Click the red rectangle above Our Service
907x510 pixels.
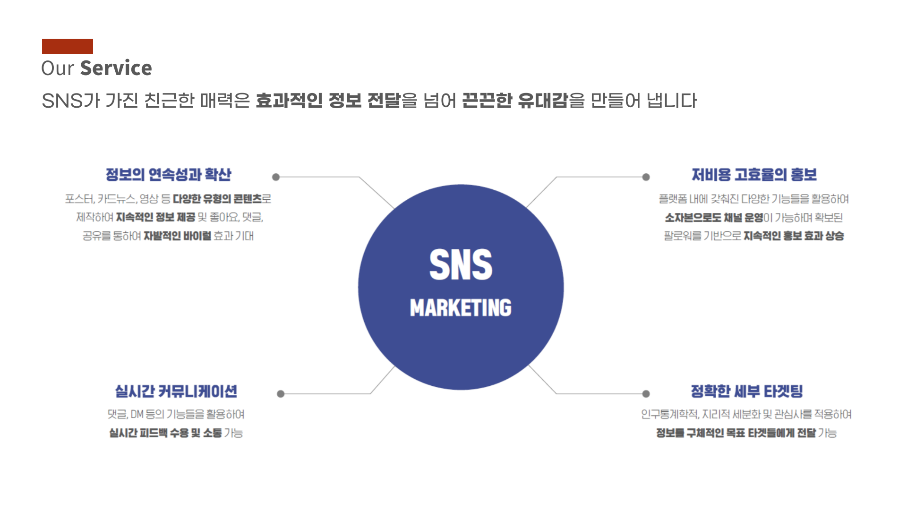click(x=68, y=46)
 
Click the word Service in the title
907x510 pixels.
click(x=116, y=68)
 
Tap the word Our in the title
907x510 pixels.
click(x=58, y=68)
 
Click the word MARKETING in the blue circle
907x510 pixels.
click(x=461, y=307)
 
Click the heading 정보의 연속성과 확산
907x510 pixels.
click(x=169, y=175)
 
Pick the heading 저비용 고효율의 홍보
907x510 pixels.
click(x=754, y=175)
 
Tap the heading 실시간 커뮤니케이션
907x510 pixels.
click(x=176, y=391)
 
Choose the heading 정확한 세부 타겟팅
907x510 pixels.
click(x=747, y=391)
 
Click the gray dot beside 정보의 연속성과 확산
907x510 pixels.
click(x=276, y=177)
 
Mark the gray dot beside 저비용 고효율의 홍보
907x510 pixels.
click(x=646, y=177)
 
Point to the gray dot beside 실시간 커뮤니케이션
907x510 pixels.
click(x=281, y=394)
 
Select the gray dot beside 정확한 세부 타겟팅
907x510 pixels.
click(x=646, y=394)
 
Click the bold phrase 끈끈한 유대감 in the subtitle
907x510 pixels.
click(x=514, y=101)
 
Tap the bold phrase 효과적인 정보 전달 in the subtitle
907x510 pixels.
click(x=328, y=101)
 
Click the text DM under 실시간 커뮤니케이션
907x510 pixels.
click(x=137, y=415)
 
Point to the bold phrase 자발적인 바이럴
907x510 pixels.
click(x=177, y=236)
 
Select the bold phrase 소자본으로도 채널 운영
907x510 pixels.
click(x=714, y=218)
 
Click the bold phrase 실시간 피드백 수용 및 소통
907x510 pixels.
click(x=165, y=433)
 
